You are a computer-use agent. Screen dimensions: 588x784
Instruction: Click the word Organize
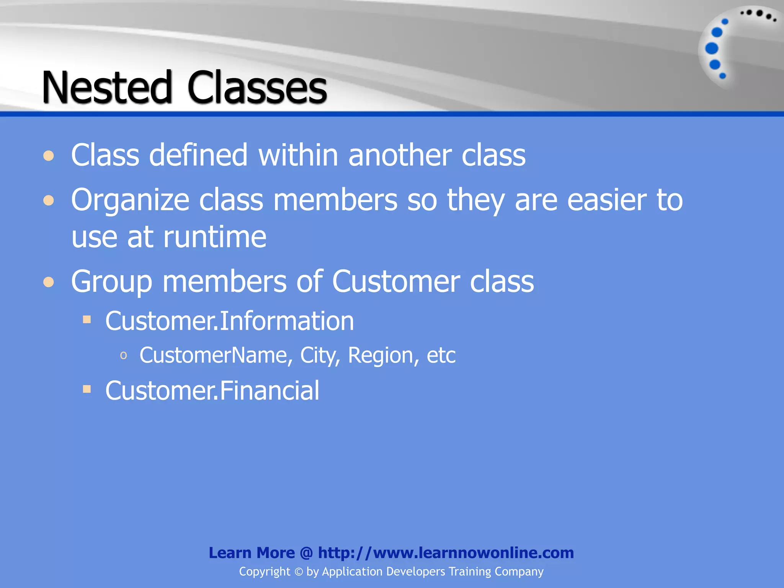point(130,201)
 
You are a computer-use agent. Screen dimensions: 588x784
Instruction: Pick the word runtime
point(215,237)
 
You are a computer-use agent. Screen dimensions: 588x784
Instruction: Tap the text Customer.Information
point(229,321)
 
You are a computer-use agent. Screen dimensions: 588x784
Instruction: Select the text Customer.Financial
point(212,390)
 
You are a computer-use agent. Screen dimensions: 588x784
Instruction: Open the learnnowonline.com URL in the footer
point(446,553)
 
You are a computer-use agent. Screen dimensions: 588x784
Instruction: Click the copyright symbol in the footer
point(299,572)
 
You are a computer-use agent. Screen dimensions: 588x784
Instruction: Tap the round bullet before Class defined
point(49,156)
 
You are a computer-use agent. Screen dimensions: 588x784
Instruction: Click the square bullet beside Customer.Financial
point(87,389)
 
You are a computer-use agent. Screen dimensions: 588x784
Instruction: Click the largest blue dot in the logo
point(712,49)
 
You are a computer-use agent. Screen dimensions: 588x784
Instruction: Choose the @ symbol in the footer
point(306,553)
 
